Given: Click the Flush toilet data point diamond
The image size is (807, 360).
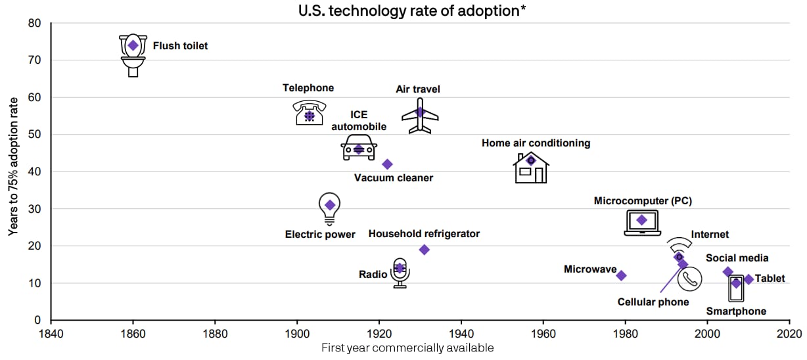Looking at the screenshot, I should tap(133, 45).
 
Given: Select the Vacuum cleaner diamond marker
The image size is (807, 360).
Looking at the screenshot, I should tap(387, 164).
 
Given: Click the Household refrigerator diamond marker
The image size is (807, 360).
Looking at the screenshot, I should tap(424, 250).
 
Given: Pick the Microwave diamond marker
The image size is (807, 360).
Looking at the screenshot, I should tap(621, 275).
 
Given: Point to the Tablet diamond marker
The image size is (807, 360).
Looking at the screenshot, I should tap(748, 280).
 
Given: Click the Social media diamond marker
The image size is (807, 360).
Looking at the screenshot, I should tap(727, 272).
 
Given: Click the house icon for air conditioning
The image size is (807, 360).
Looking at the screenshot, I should tap(531, 168).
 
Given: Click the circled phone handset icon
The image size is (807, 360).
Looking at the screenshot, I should tap(689, 279).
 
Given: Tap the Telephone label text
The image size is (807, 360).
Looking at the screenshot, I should tap(308, 88).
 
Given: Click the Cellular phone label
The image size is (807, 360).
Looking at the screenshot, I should tap(653, 302).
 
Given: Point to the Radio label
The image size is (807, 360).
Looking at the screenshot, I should tap(373, 274).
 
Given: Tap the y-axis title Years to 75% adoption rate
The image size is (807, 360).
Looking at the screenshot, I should tap(12, 172).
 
